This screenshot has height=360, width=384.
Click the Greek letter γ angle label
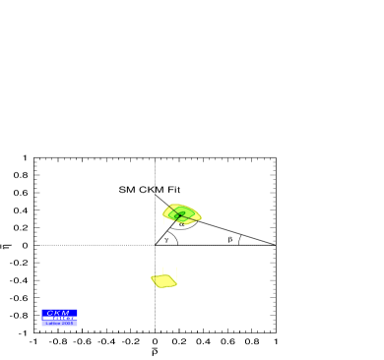point(166,239)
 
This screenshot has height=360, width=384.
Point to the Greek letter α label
point(181,224)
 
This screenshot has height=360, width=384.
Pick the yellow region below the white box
point(163,280)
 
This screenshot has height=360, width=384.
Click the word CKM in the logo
point(58,313)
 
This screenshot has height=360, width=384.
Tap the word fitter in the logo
point(65,318)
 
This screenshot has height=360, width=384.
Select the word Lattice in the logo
point(53,323)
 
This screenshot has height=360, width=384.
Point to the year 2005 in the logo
point(68,323)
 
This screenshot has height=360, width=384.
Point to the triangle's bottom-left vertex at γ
point(155,245)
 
